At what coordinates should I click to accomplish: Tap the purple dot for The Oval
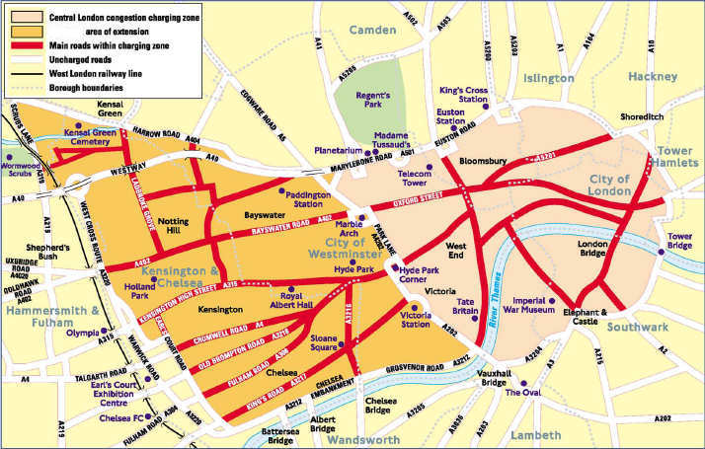[x=525, y=385]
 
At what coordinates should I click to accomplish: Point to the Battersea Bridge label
[x=253, y=436]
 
